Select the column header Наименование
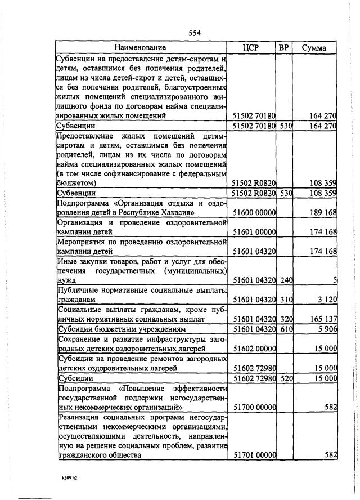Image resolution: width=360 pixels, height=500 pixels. click(x=141, y=48)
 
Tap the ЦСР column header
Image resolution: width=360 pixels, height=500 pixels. click(x=250, y=48)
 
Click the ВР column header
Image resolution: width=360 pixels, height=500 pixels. click(x=284, y=48)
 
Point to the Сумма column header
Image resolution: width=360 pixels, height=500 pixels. click(x=314, y=48)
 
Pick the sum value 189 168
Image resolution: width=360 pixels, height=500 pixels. click(x=323, y=212)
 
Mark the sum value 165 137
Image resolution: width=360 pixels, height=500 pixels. click(x=323, y=319)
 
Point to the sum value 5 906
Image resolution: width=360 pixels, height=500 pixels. click(x=326, y=329)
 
